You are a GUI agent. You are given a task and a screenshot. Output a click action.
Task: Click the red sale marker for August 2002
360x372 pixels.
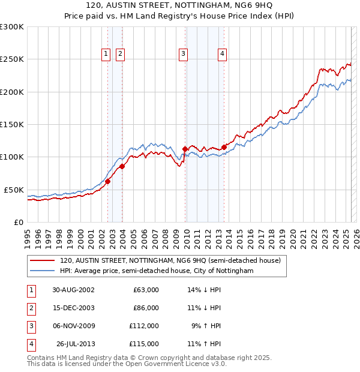[108, 181]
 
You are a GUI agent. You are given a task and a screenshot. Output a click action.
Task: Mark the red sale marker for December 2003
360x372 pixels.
[122, 166]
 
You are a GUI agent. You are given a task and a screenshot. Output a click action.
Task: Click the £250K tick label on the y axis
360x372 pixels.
[12, 59]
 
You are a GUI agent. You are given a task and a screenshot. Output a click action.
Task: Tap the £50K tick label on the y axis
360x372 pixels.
[14, 190]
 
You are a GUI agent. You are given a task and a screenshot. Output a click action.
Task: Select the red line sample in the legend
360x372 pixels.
[43, 261]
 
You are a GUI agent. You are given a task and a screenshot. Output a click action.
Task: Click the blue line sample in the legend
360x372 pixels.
[43, 271]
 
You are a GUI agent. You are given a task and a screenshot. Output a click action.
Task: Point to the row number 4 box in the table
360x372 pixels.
[29, 344]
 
